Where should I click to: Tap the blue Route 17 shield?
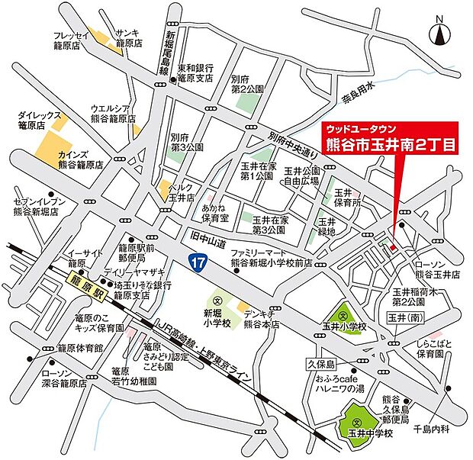point(197,262)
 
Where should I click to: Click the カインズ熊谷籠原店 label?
point(80,159)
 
